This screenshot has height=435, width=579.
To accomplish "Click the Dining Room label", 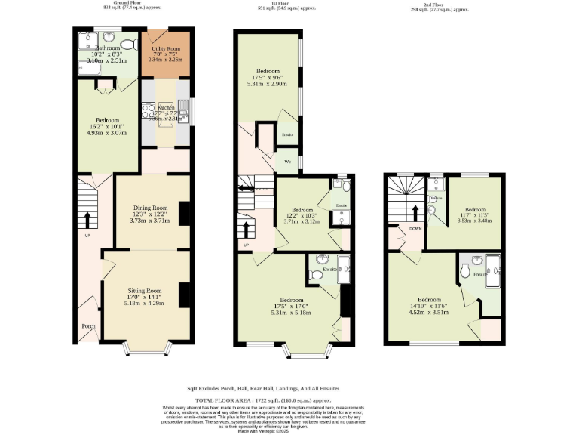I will [150, 208].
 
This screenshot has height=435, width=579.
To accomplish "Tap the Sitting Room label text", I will [143, 290].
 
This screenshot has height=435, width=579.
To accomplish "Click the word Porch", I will [88, 327].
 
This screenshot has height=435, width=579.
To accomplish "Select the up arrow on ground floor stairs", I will [87, 220].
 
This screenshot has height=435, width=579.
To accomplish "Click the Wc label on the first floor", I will [287, 162].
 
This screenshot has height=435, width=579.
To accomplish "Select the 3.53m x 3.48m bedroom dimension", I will [476, 221].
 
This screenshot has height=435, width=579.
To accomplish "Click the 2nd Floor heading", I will [440, 4].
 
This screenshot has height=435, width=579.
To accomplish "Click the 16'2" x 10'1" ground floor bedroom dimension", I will [103, 127].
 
